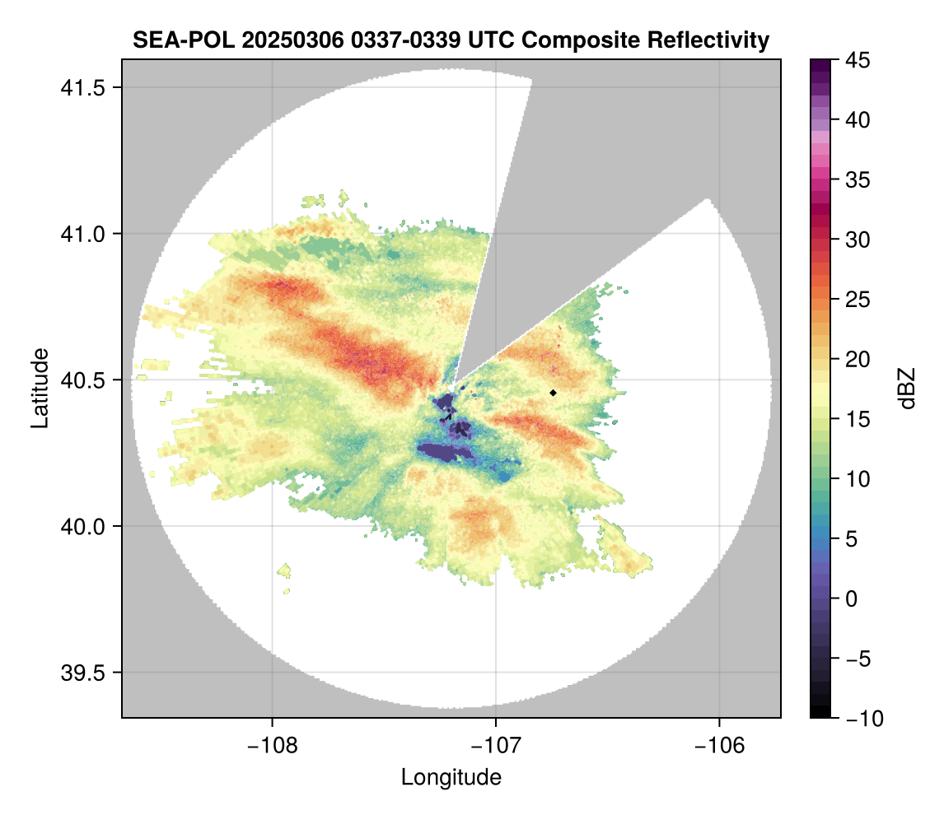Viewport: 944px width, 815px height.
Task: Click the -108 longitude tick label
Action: pyautogui.click(x=272, y=745)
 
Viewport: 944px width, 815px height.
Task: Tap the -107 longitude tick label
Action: pyautogui.click(x=496, y=745)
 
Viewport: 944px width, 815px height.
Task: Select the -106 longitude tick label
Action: pyautogui.click(x=720, y=745)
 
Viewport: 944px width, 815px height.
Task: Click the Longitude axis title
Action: pyautogui.click(x=451, y=777)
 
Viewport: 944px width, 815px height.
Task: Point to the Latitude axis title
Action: pyautogui.click(x=40, y=388)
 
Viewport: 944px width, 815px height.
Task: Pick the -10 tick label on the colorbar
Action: pyautogui.click(x=860, y=719)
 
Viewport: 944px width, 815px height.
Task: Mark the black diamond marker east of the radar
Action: pyautogui.click(x=554, y=393)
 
